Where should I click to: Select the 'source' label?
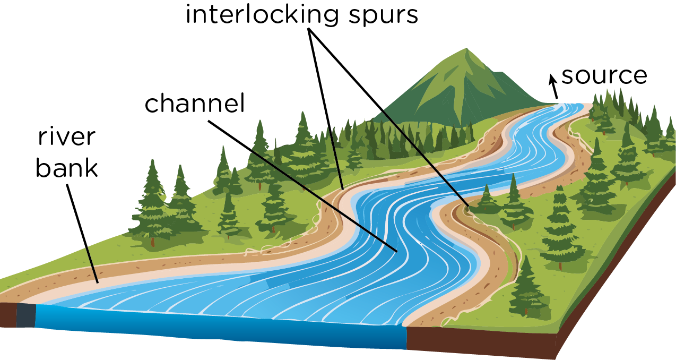604,75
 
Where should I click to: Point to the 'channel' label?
195,104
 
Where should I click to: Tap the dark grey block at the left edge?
25,316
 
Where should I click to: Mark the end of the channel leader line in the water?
396,250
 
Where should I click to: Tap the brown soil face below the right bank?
478,340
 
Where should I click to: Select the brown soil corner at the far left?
7,315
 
